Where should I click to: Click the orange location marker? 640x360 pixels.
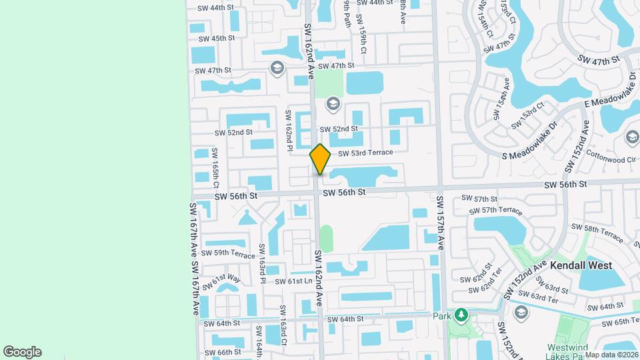(x=320, y=159)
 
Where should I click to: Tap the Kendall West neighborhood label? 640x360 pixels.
(x=581, y=265)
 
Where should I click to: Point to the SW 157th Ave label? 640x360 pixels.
(x=441, y=223)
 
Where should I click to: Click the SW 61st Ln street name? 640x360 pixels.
(x=293, y=281)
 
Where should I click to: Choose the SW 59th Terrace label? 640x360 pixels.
(x=229, y=254)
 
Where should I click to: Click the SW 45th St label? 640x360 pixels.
(x=215, y=39)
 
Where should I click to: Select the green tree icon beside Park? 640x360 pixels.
(x=459, y=315)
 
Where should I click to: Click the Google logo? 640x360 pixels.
(x=22, y=352)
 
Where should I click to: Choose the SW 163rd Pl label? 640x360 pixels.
(x=263, y=264)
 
